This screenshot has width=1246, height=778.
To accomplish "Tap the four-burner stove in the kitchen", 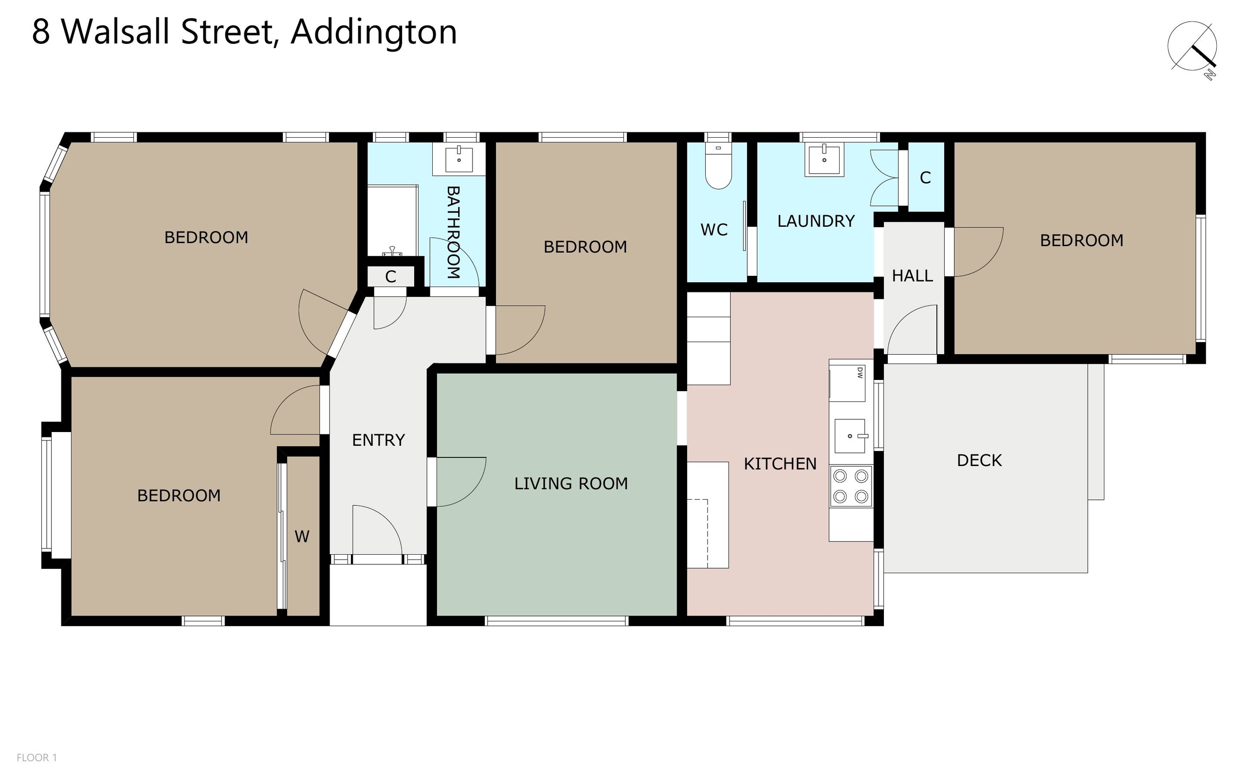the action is (x=850, y=486).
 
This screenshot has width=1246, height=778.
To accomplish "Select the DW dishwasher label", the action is (x=860, y=373).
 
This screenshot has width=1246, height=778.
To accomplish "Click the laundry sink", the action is (x=825, y=160).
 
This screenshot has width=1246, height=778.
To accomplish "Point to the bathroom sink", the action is (x=458, y=159).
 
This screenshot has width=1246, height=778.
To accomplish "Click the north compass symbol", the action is (x=1192, y=49).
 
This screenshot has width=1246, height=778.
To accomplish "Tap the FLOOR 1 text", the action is (x=37, y=758).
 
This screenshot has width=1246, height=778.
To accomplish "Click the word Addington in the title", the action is (x=374, y=32).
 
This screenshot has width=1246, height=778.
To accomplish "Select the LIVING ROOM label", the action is (x=571, y=483).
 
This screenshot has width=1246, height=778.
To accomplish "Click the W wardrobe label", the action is (x=302, y=537).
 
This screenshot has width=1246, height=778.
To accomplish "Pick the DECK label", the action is (x=979, y=460).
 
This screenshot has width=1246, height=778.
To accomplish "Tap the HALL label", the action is (x=912, y=276).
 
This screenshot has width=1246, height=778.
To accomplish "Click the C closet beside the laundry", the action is (x=925, y=178).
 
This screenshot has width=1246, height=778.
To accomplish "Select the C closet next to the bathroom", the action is (x=391, y=277).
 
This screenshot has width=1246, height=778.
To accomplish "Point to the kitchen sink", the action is (x=850, y=436).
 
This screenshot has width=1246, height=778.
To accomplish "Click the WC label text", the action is (x=714, y=230).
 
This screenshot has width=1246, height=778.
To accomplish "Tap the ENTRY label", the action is (x=378, y=440).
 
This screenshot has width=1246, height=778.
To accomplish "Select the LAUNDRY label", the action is (x=816, y=221).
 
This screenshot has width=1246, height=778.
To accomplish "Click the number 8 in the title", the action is (x=41, y=32).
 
